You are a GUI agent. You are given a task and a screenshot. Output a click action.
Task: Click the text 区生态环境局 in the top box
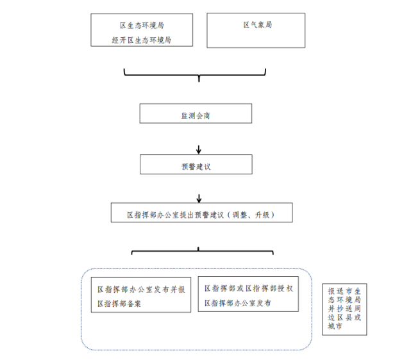point(142,26)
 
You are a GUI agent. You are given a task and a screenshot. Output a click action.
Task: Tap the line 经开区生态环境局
point(141,40)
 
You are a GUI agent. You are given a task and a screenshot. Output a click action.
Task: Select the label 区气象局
point(258,24)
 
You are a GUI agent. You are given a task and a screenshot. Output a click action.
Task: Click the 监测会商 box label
point(196,116)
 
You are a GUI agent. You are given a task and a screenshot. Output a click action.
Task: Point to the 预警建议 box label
point(196,167)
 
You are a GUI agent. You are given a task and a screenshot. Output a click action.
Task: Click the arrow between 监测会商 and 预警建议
point(199,149)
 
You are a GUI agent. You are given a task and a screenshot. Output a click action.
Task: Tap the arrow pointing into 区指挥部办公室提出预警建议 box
point(199,199)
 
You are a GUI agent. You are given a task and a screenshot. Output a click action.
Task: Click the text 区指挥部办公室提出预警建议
point(175,215)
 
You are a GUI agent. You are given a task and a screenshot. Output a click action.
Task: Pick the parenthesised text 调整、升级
point(251,215)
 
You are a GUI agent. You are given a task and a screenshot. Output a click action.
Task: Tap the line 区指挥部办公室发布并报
point(141,290)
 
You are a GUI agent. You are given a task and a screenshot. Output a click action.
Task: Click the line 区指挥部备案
point(119,304)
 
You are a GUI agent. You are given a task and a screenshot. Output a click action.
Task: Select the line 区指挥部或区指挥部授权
point(249,288)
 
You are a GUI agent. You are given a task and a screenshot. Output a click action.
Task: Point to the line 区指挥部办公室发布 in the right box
point(238,303)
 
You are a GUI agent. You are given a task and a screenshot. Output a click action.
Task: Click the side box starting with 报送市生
point(344,309)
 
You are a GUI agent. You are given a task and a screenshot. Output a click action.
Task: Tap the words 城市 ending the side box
point(335,326)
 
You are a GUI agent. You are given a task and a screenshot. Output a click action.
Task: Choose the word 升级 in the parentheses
point(262,215)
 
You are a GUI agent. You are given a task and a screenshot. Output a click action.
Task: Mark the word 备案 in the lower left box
point(134,304)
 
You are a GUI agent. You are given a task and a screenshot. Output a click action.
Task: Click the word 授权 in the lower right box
point(286,288)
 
